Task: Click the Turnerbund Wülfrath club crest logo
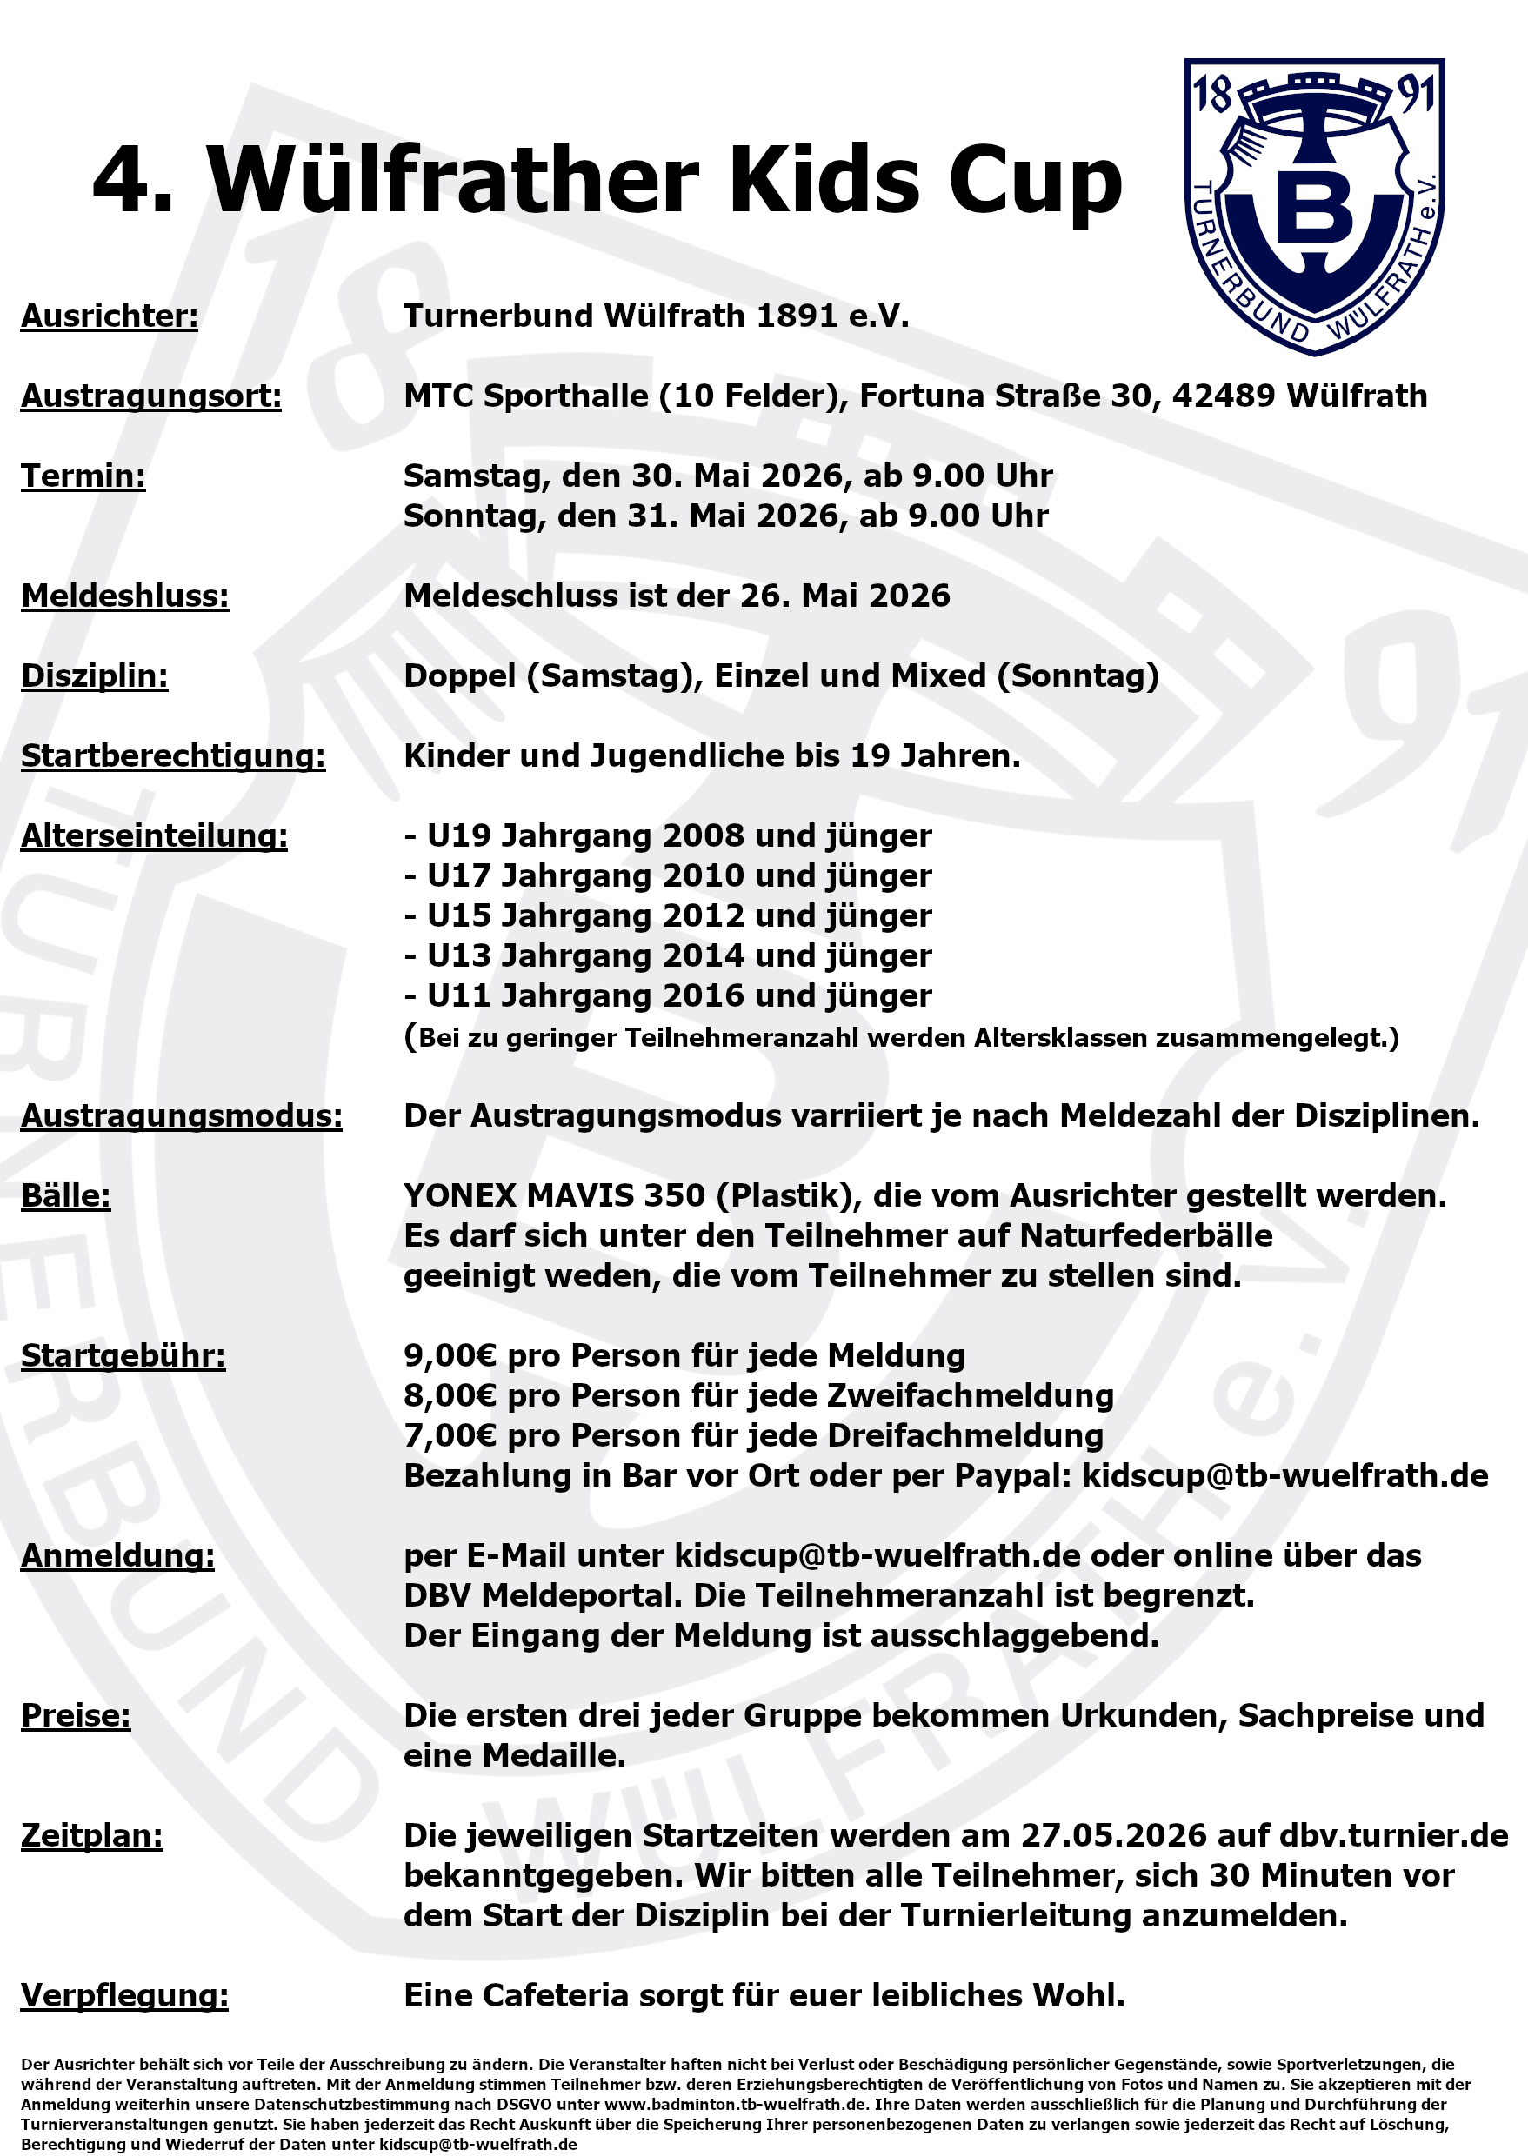tap(1313, 207)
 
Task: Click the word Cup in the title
tap(1035, 181)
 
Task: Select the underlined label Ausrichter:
tap(110, 316)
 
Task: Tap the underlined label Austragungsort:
tap(150, 396)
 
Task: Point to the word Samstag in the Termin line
tap(476, 476)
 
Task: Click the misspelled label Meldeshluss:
tap(125, 596)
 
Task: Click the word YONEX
tap(460, 1195)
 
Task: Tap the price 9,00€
tap(450, 1355)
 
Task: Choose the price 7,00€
tap(450, 1435)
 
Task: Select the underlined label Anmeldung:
tap(117, 1556)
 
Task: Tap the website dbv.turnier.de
tap(1393, 1836)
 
